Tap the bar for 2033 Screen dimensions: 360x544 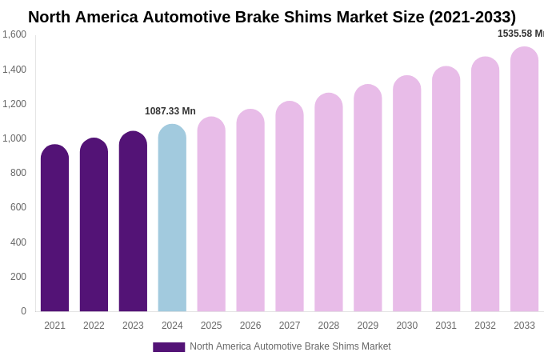pyautogui.click(x=524, y=179)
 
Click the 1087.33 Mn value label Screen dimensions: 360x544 pyautogui.click(x=170, y=111)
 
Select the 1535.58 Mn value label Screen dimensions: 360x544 pyautogui.click(x=520, y=34)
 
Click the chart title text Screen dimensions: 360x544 pyautogui.click(x=272, y=17)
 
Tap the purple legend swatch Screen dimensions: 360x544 pyautogui.click(x=169, y=347)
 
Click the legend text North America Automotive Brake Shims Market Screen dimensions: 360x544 pyautogui.click(x=290, y=346)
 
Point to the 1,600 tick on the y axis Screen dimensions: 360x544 pyautogui.click(x=14, y=34)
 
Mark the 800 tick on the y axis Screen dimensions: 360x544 pyautogui.click(x=18, y=173)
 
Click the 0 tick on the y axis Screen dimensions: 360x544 pyautogui.click(x=23, y=311)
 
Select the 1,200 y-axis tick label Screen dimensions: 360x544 pyautogui.click(x=14, y=104)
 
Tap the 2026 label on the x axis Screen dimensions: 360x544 pyautogui.click(x=250, y=326)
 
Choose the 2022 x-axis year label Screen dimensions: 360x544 pyautogui.click(x=94, y=326)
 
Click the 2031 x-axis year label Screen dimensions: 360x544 pyautogui.click(x=446, y=326)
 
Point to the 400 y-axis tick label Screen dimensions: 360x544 pyautogui.click(x=18, y=242)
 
